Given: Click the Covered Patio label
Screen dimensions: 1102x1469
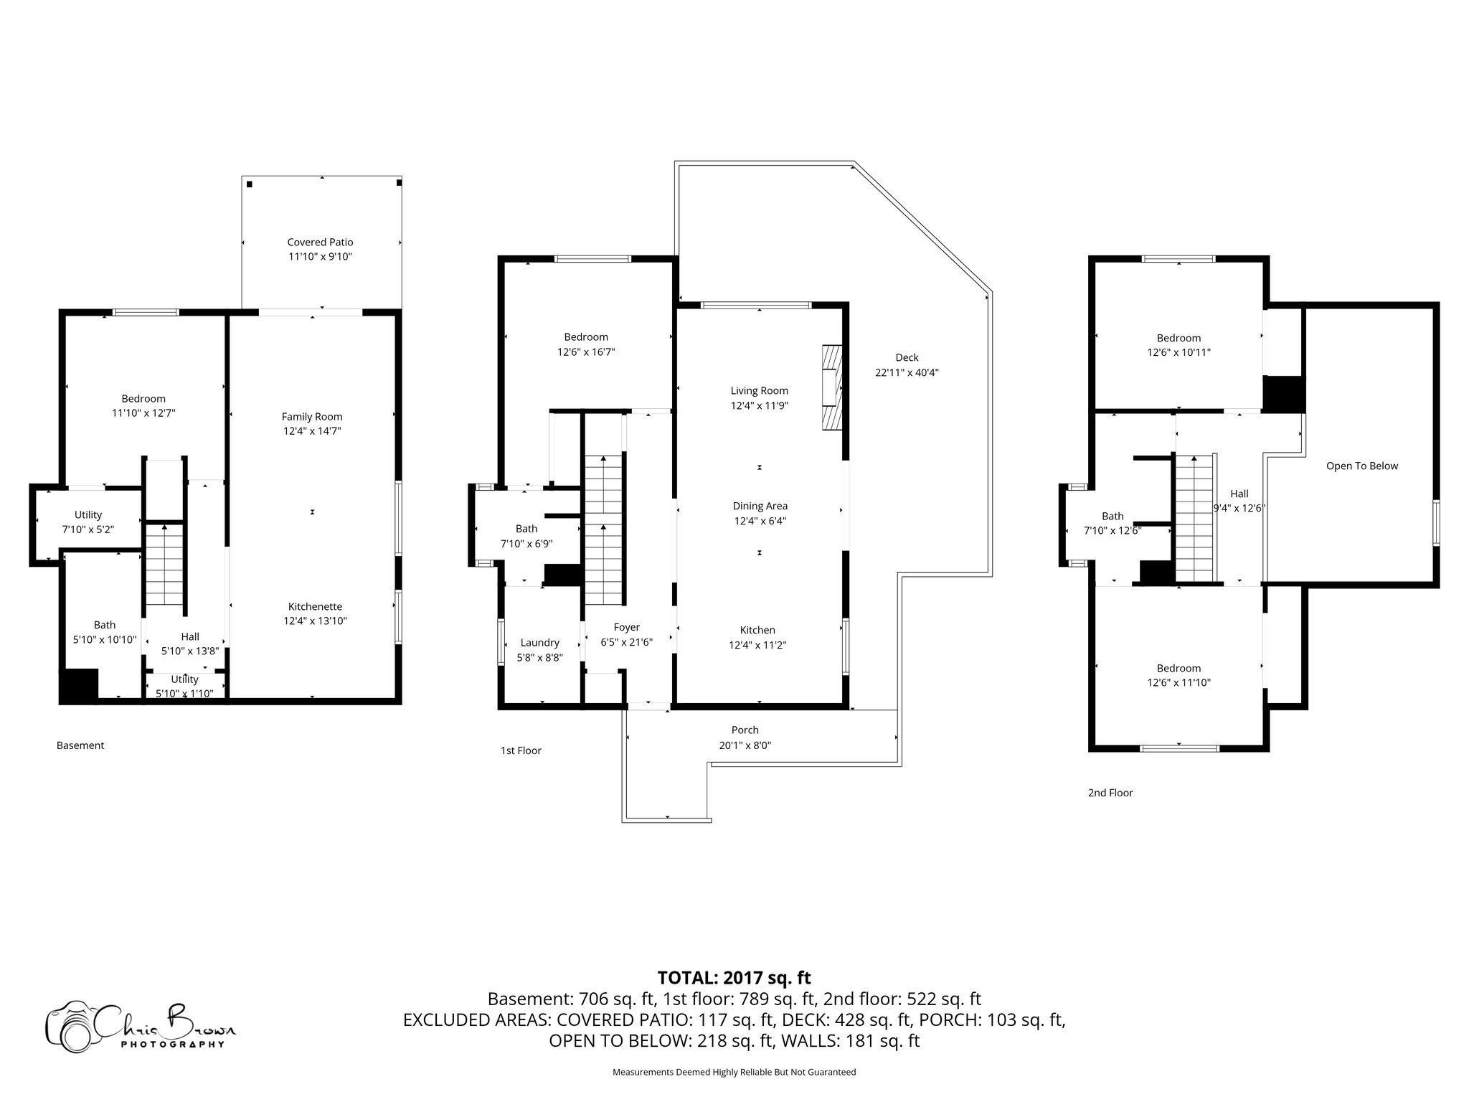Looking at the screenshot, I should pos(320,242).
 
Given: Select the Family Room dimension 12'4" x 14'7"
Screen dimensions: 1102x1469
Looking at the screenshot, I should pos(311,431).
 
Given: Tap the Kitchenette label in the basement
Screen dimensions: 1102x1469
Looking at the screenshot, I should pos(315,606).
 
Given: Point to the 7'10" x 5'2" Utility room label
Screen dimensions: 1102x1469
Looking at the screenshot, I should pos(88,514).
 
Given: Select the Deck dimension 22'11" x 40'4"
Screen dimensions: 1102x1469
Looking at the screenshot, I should pos(907,372).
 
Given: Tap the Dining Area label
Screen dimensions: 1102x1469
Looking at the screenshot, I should pos(760,506).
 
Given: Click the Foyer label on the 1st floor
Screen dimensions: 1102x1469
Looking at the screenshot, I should pos(626,627).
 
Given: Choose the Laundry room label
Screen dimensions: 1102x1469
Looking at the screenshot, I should pos(539,643).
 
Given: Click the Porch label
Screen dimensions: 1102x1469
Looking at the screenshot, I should pos(745,730).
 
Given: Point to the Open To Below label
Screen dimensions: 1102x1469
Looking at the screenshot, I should pos(1361,466).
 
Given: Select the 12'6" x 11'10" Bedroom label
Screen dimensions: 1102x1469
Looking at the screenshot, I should pos(1178,668).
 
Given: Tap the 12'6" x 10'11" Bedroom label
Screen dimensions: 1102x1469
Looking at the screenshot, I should pos(1178,338).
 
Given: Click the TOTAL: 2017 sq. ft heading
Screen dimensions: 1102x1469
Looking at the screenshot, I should pos(734,977).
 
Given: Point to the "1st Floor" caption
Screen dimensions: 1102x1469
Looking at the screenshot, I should pos(521,750).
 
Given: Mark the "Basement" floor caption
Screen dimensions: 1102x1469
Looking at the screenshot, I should pos(80,745).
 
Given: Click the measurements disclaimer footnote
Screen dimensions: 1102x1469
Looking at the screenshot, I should pos(734,1072).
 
